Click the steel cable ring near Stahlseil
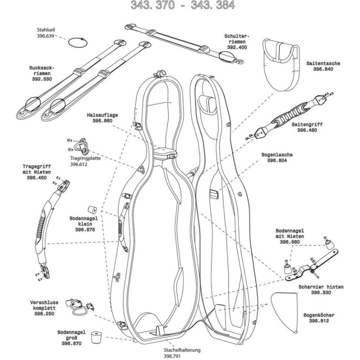pos(76,43)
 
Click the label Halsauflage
pos(102,115)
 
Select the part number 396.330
pos(321,292)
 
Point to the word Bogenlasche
pos(277,154)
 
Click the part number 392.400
pos(237,47)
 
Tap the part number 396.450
pos(36,178)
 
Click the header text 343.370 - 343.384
pos(182,5)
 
